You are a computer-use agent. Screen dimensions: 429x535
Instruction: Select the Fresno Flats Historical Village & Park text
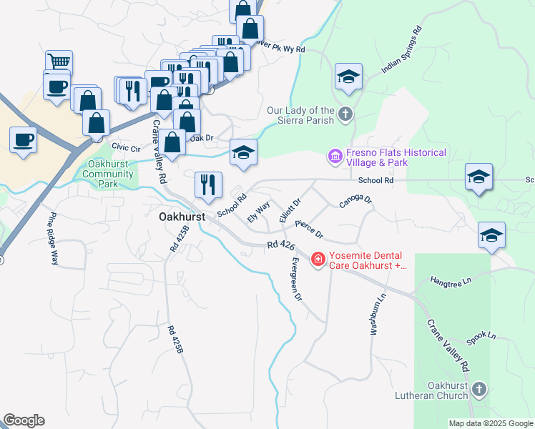396,157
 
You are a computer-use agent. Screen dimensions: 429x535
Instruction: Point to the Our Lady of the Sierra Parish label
300,115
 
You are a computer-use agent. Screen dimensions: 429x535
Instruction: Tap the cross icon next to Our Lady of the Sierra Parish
345,114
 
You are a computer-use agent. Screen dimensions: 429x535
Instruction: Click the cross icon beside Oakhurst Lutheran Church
478,390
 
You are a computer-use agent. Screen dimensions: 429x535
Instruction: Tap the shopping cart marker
58,61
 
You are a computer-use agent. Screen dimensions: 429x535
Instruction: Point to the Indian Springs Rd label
401,51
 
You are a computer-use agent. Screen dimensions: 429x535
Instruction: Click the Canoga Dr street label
355,199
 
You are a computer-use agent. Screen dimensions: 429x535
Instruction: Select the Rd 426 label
281,246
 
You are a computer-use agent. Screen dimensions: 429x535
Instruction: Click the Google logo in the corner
24,420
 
